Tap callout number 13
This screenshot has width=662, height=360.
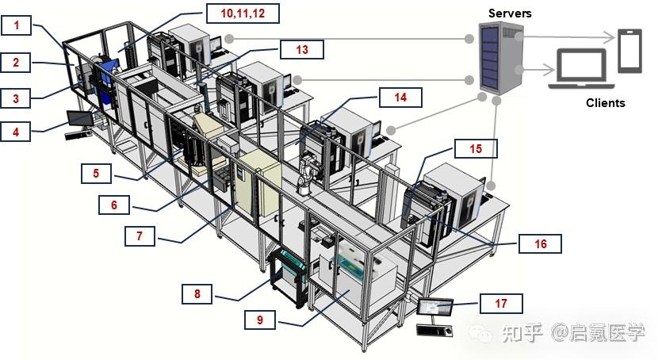tap(302, 49)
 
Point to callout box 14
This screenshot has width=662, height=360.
tap(401, 97)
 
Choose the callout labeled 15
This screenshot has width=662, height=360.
tap(475, 148)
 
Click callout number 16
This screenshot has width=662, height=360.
tap(540, 243)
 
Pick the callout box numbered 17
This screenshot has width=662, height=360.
tap(501, 302)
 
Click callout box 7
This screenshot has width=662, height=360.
tap(147, 236)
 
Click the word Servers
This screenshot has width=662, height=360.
tap(510, 13)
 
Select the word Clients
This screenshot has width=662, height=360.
tap(605, 103)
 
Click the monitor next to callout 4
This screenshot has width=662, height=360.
tap(79, 119)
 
